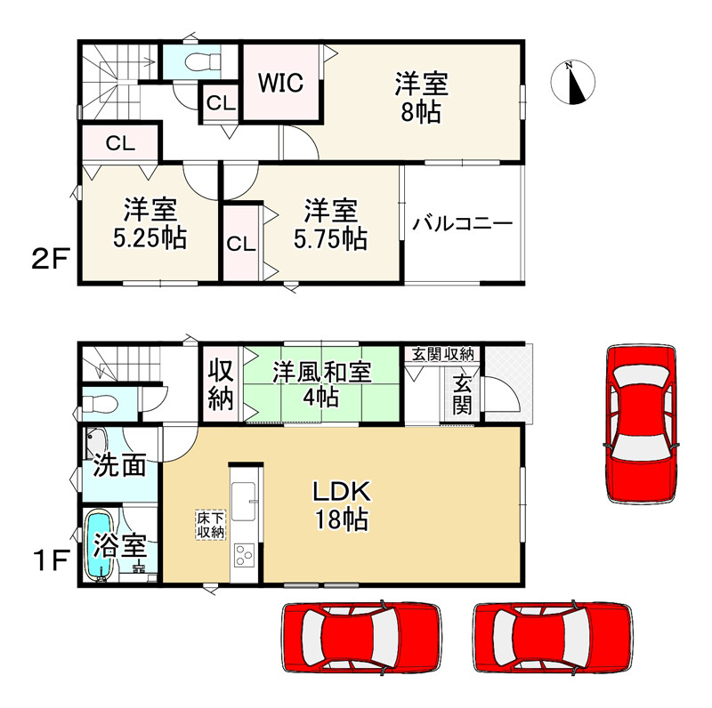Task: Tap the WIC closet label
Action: [281, 84]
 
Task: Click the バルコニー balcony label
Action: [462, 223]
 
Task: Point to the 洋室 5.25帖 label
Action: [150, 224]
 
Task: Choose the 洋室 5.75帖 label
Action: [330, 224]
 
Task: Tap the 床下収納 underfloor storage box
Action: [210, 524]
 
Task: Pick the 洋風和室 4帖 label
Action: [321, 383]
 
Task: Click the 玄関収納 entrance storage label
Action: [442, 354]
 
